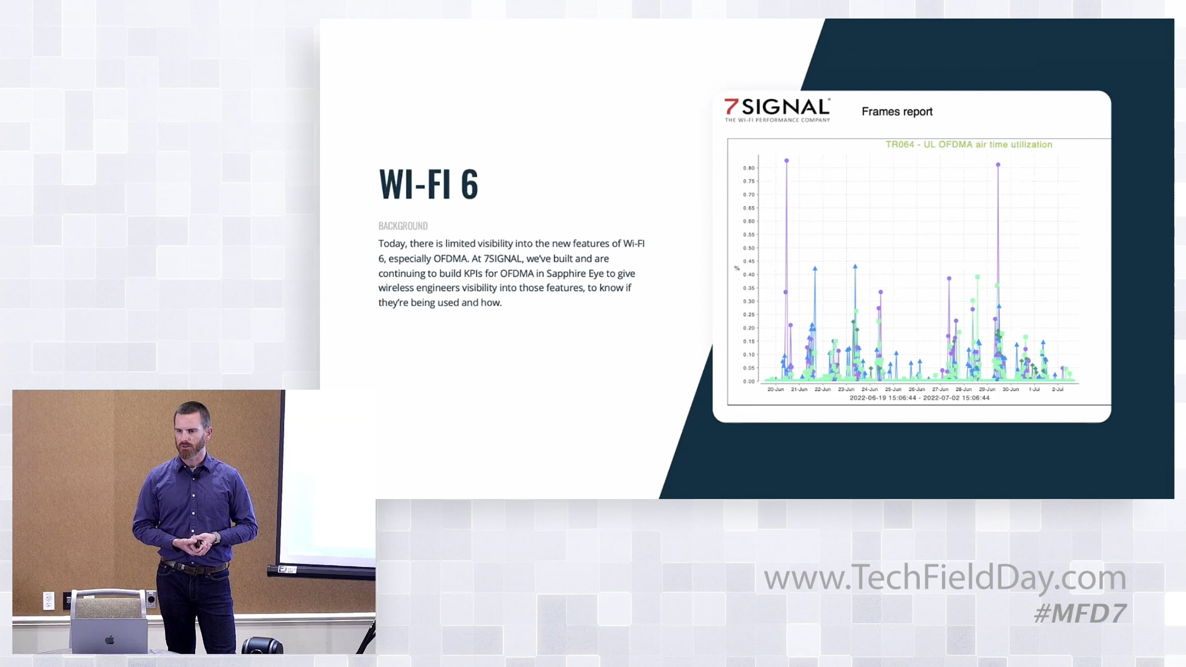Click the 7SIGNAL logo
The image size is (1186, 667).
point(777,110)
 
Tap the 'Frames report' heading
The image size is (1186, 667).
point(897,112)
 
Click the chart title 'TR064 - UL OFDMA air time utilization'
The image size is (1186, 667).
point(969,144)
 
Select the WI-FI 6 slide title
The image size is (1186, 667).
point(428,184)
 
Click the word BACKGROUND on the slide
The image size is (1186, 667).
point(403,226)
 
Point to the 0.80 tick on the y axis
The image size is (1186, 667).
point(749,168)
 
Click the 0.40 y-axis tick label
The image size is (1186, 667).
point(749,275)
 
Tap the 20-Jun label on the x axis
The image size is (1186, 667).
point(775,389)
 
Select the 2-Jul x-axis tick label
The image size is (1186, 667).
point(1058,389)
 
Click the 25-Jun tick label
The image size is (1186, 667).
point(893,389)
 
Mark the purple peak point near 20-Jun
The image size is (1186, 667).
point(787,161)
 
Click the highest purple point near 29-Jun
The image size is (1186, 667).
point(998,165)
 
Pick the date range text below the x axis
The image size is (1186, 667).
point(920,398)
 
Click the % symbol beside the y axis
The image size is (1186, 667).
point(737,268)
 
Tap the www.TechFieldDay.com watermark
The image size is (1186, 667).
point(945,578)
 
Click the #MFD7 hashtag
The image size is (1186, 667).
point(1080,614)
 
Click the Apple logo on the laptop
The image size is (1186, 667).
point(110,640)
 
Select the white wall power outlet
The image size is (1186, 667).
point(48,601)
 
